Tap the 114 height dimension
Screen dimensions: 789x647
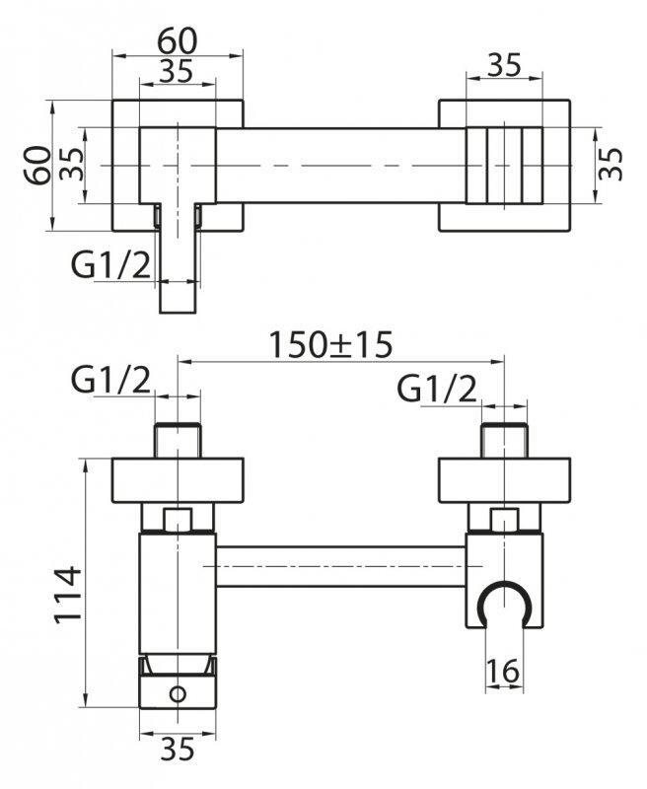click(67, 594)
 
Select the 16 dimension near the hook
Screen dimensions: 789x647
click(503, 672)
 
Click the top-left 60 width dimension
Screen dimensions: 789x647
click(178, 40)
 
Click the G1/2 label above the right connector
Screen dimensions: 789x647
click(436, 390)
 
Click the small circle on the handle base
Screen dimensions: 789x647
click(178, 693)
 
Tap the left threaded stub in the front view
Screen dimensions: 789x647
click(178, 440)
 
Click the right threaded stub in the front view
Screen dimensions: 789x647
click(503, 440)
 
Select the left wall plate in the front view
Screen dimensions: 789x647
click(178, 481)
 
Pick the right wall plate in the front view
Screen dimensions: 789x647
click(503, 481)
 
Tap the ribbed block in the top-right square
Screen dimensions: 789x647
click(503, 165)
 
